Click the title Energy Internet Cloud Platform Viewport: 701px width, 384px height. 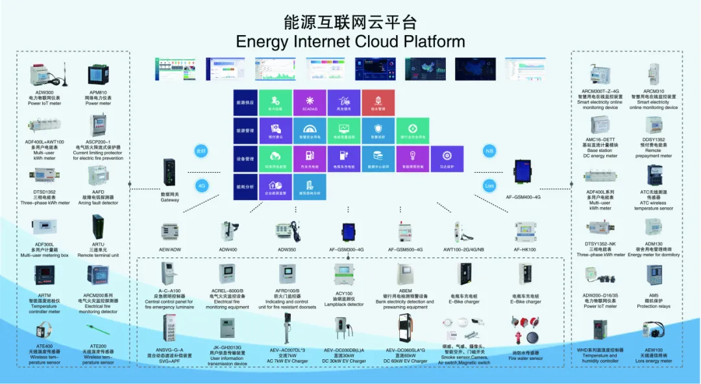pyautogui.click(x=350, y=42)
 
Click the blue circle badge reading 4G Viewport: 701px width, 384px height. pyautogui.click(x=201, y=185)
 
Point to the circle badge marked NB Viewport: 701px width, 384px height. pyautogui.click(x=489, y=151)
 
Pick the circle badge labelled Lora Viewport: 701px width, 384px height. pyautogui.click(x=489, y=185)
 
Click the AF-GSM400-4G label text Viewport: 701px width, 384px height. pyautogui.click(x=528, y=197)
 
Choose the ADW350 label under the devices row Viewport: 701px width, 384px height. pyautogui.click(x=287, y=250)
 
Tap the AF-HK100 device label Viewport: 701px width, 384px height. pyautogui.click(x=524, y=250)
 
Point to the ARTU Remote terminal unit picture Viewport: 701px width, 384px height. pyautogui.click(x=99, y=227)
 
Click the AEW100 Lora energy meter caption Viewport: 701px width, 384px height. pyautogui.click(x=654, y=355)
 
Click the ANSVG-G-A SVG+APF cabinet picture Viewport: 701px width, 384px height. pyautogui.click(x=169, y=327)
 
